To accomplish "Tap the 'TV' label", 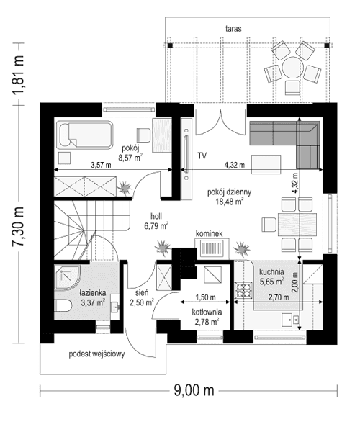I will coord(202,155).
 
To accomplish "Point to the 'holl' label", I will coord(156,215).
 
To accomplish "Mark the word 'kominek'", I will coord(208,234).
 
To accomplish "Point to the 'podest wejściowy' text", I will coord(98,354).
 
